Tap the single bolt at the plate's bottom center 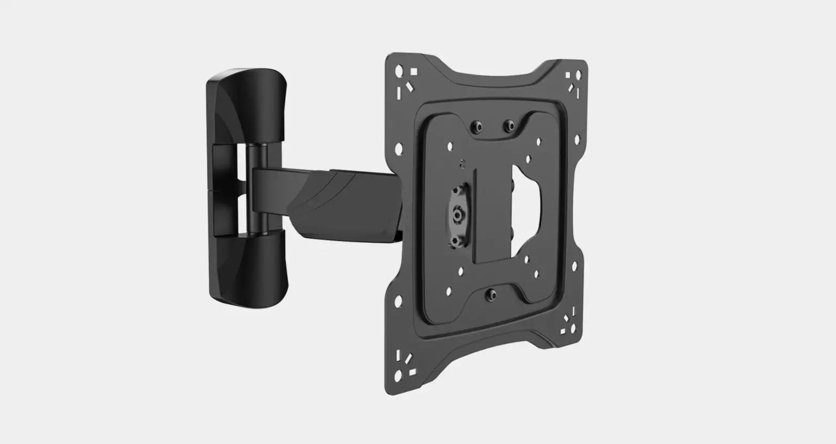(491, 294)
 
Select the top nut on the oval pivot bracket (457, 191)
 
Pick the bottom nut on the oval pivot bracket (456, 241)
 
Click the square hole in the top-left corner (414, 70)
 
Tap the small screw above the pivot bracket (462, 162)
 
